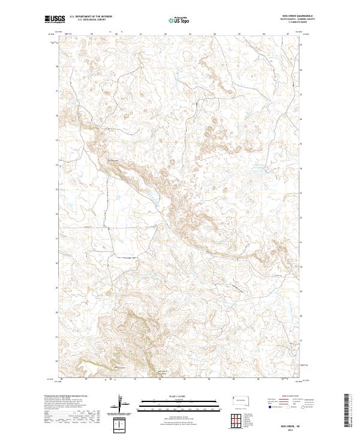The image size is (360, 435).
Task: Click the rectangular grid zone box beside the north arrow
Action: click(121, 425)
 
